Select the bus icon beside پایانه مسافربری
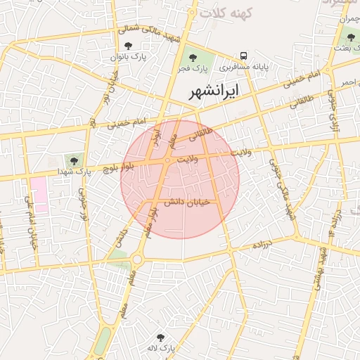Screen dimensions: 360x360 point(243,55)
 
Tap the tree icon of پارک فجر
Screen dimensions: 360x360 point(193,57)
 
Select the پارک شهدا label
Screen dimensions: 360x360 point(75,172)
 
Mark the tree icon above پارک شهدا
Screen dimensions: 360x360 point(73,161)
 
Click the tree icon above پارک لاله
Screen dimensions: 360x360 point(160,337)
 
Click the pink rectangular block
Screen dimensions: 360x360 point(38,194)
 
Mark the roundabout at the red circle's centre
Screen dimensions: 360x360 point(167,161)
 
